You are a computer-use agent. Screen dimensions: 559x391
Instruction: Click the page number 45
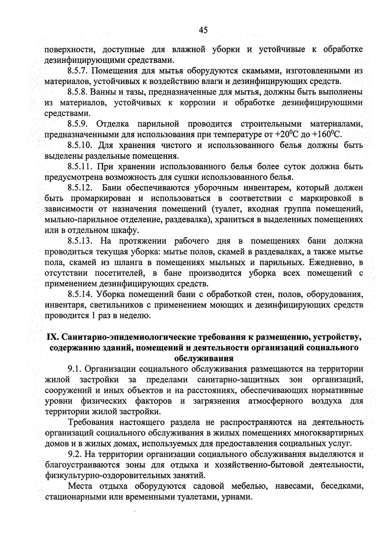(203, 30)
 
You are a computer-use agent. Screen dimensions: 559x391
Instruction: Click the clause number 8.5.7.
(80, 71)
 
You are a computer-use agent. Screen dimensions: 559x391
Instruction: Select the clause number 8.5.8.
(80, 93)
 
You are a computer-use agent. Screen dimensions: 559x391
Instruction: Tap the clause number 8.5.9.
(80, 124)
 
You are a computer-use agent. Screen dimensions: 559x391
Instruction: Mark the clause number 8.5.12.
(81, 187)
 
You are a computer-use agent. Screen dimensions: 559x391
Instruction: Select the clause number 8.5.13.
(81, 241)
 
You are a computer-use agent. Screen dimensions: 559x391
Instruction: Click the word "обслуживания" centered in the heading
(203, 358)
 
